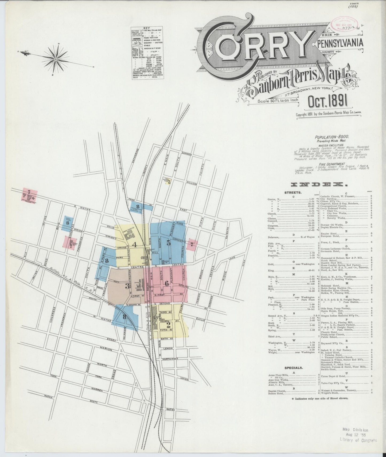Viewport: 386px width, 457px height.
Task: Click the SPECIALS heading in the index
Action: pyautogui.click(x=294, y=367)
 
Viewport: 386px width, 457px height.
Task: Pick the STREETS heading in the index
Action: pyautogui.click(x=293, y=192)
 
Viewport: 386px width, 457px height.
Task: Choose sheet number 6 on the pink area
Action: pyautogui.click(x=167, y=284)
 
